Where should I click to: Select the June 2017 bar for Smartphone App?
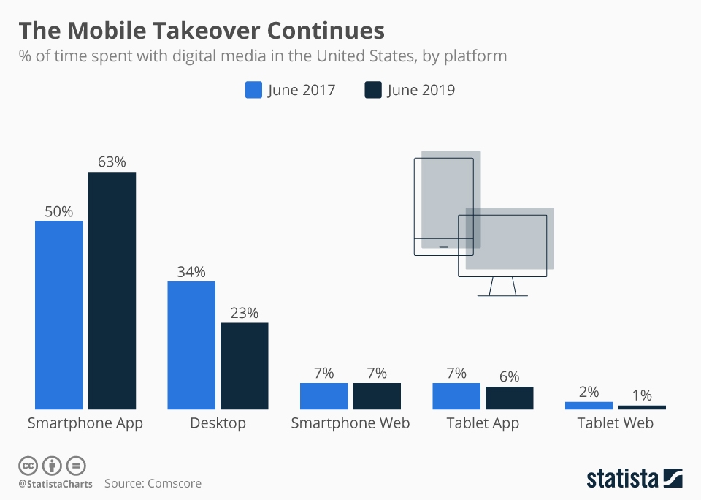click(x=59, y=314)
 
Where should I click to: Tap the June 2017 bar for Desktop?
click(x=191, y=345)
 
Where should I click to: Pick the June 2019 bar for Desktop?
click(x=244, y=365)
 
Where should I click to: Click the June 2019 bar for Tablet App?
click(x=509, y=398)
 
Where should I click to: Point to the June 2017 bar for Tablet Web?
click(x=589, y=405)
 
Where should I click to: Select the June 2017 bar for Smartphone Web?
click(x=323, y=395)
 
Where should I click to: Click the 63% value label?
click(x=112, y=162)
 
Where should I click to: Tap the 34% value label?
click(x=191, y=271)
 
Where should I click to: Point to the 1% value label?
click(x=642, y=395)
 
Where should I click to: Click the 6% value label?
click(x=509, y=376)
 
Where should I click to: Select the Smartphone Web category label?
click(x=350, y=423)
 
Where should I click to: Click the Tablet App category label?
click(x=483, y=423)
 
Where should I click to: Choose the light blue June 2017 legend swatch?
click(x=253, y=90)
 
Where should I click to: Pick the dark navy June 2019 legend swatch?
click(x=372, y=90)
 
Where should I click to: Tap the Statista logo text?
click(x=621, y=479)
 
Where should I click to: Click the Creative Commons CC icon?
click(x=28, y=465)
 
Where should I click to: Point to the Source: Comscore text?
click(x=153, y=483)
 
